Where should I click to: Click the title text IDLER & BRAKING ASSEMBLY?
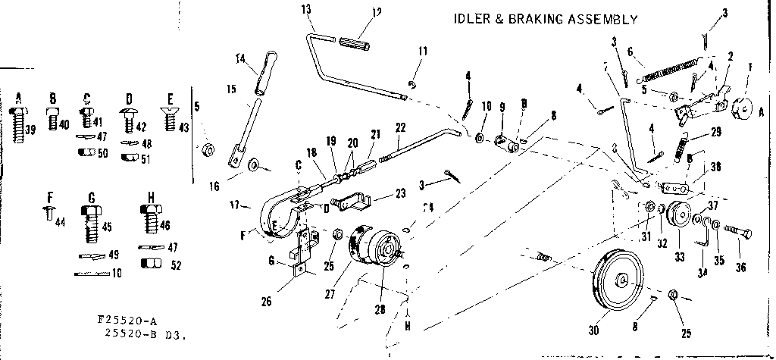coord(545,19)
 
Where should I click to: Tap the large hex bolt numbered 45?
coord(90,224)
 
